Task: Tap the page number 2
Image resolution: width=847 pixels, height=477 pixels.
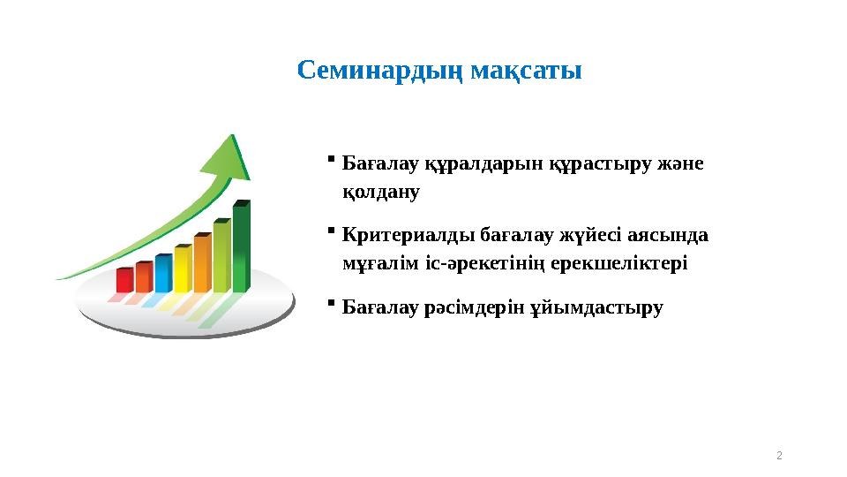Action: (779, 455)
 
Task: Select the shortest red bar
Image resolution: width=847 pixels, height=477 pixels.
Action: (124, 279)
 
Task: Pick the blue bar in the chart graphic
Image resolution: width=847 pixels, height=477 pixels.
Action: (163, 273)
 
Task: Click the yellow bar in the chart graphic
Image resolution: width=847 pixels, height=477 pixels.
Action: (183, 269)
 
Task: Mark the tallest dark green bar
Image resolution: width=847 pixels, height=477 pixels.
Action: (241, 247)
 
